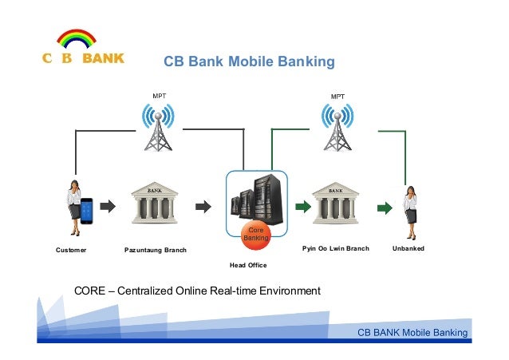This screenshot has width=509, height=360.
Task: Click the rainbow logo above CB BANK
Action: click(77, 38)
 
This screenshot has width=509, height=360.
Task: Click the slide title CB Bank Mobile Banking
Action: click(249, 61)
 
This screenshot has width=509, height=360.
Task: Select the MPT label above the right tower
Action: click(338, 96)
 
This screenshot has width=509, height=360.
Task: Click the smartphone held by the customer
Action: click(86, 209)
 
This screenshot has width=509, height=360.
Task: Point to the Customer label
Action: click(71, 249)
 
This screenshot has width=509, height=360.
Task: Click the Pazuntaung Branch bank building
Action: click(155, 206)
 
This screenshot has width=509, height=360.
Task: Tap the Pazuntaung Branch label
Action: click(155, 250)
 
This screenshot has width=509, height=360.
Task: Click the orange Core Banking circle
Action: click(256, 233)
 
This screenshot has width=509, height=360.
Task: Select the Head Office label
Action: click(248, 264)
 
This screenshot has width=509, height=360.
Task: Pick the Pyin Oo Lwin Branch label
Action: click(335, 249)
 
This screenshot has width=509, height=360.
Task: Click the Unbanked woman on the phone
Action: click(410, 209)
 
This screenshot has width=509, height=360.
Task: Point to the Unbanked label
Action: click(408, 249)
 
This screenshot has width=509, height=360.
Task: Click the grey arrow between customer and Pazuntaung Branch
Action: click(108, 207)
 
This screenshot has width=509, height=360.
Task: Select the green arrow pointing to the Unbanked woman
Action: click(384, 208)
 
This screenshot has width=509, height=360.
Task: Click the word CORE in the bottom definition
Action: click(90, 291)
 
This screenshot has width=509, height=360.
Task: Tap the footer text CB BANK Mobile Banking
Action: click(412, 332)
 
